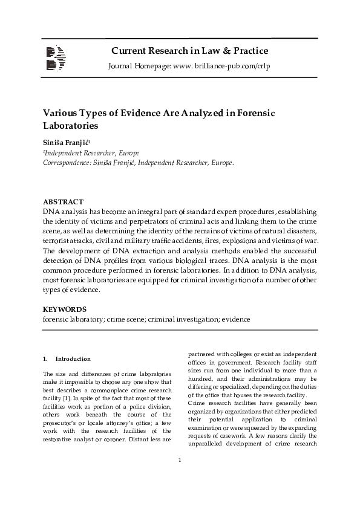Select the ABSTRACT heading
[x=63, y=201]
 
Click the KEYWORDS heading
[x=65, y=309]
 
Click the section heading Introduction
[x=73, y=359]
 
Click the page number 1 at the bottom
[x=180, y=478]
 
